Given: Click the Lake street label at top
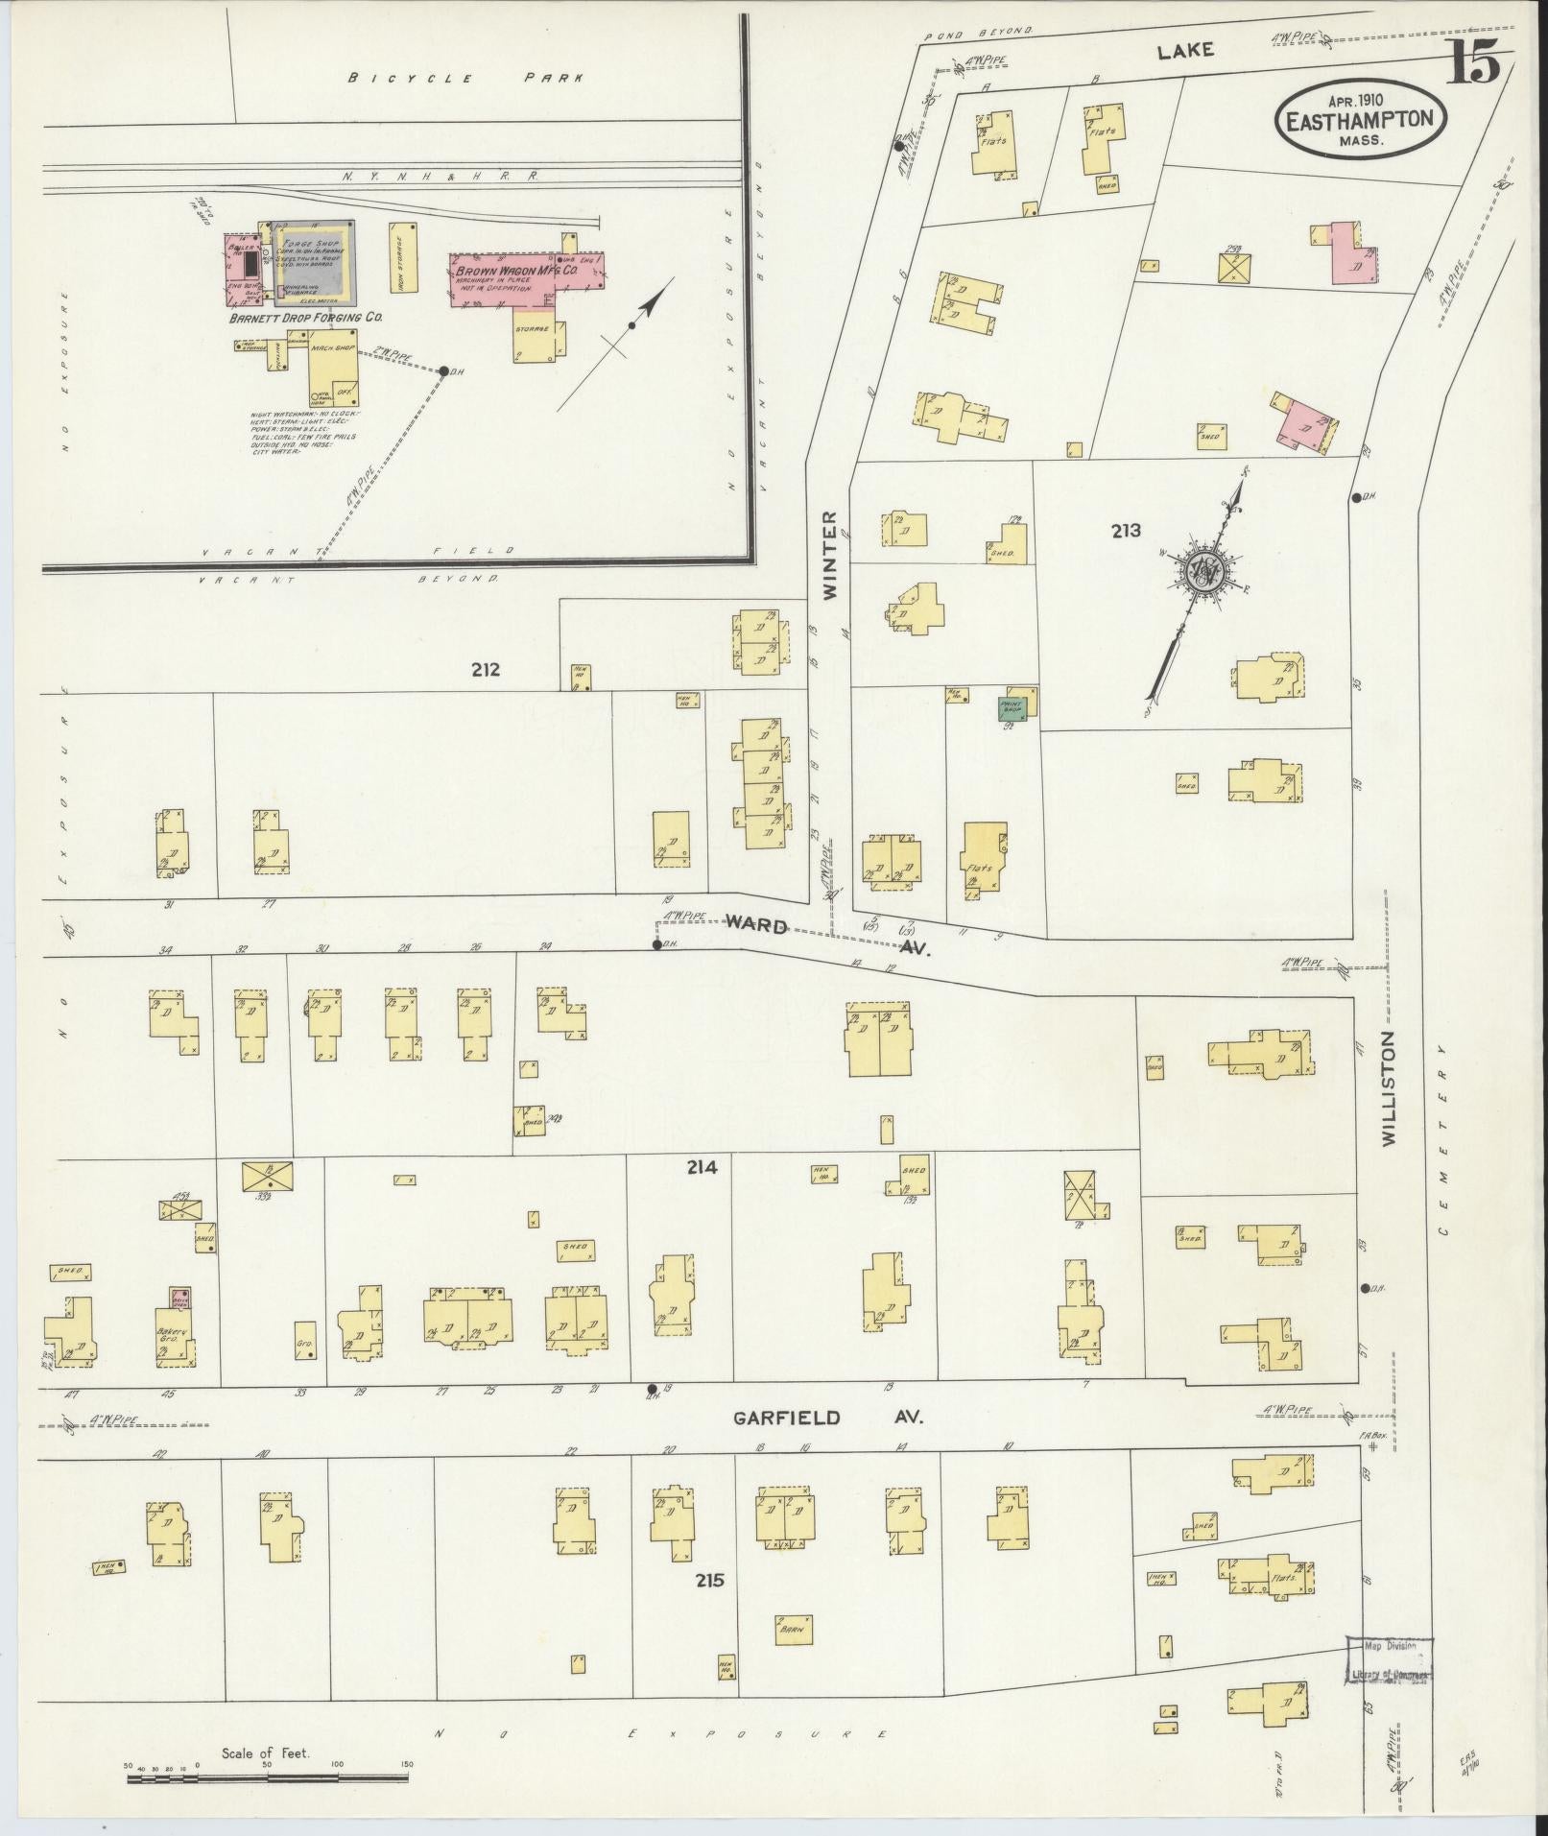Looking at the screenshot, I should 1185,51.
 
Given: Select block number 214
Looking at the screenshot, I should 702,1168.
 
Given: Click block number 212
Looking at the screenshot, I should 486,669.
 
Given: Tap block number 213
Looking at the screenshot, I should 1126,529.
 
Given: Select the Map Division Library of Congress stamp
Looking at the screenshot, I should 1389,1659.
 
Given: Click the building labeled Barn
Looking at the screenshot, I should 793,1629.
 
